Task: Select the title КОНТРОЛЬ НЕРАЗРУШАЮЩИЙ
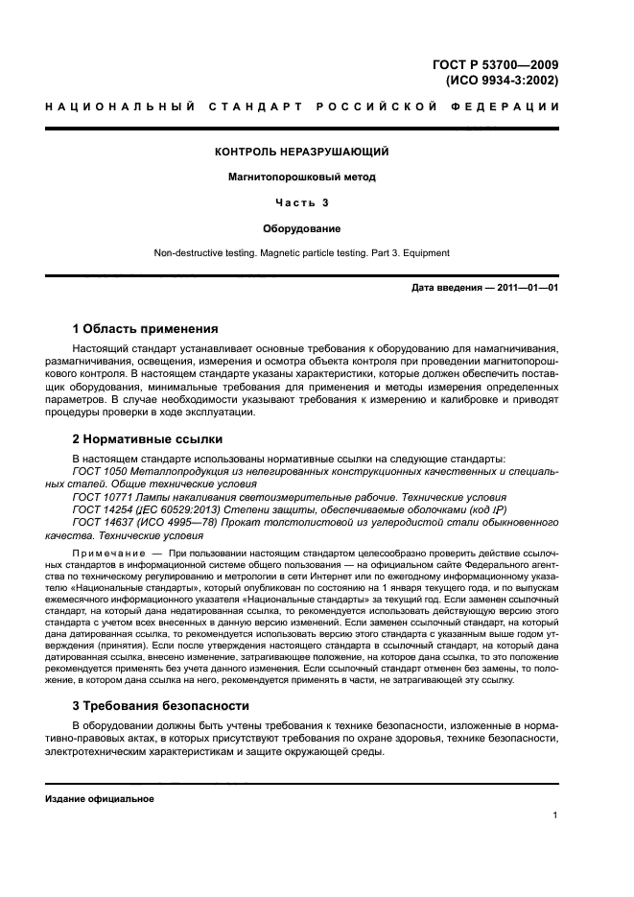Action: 301,152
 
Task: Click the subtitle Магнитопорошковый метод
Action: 301,177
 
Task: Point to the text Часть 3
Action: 301,202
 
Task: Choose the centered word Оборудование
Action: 301,228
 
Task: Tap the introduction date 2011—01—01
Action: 525,288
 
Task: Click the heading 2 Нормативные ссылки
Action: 148,439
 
